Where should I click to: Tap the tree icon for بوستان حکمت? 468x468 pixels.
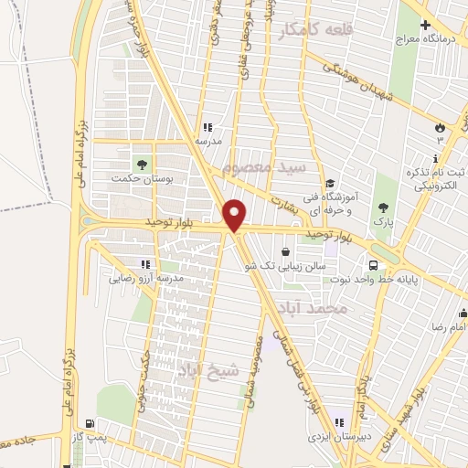point(141,164)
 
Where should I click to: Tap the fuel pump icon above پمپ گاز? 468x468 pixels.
point(89,423)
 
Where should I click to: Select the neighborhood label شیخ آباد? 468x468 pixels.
point(209,368)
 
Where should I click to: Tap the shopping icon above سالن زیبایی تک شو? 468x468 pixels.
point(286,250)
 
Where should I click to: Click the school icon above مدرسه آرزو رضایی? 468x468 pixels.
point(144,263)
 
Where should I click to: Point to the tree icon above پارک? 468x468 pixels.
point(381,207)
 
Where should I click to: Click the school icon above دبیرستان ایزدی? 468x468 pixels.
point(339,422)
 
